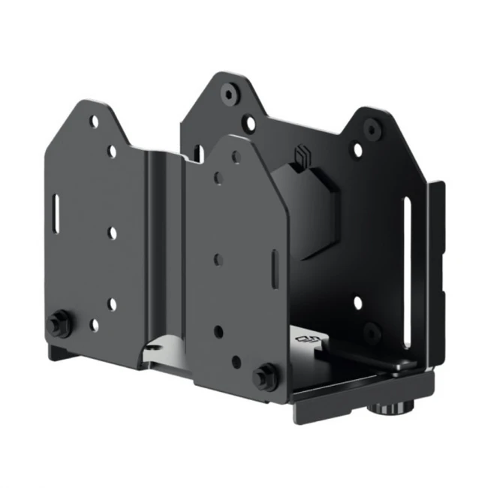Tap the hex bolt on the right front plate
[264, 375]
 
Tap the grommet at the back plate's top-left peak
[227, 95]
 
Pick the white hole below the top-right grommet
[358, 150]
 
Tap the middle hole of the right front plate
[218, 259]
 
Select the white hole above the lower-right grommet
[358, 304]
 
